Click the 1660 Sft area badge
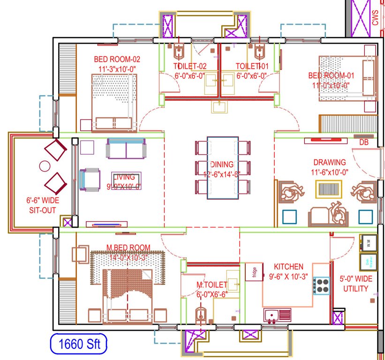79,345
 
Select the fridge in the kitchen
254,271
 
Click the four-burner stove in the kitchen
322,285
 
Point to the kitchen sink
277,315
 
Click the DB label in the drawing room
363,142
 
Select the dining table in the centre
223,168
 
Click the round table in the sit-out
45,165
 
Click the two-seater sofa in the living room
125,148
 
